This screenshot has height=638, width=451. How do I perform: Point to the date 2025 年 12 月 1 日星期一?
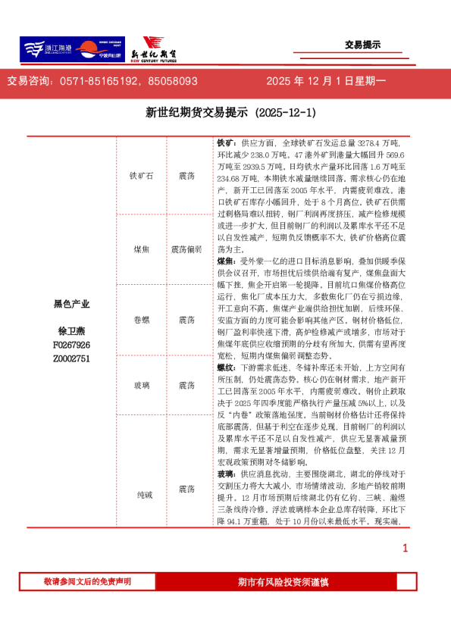coord(326,80)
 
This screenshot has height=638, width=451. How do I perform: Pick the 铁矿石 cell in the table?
coord(141,176)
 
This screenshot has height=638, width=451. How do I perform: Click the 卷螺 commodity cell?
coord(141,320)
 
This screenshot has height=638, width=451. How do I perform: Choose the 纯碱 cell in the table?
coord(141,495)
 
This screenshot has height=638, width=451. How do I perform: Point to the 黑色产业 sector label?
coord(71,304)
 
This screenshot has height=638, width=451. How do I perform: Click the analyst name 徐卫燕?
coord(71,331)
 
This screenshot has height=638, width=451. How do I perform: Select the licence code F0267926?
coord(71,345)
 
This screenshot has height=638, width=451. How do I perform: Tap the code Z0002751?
coord(71,358)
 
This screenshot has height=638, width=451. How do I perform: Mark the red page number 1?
coord(405,548)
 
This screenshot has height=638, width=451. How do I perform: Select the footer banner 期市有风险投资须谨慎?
coord(283,582)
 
